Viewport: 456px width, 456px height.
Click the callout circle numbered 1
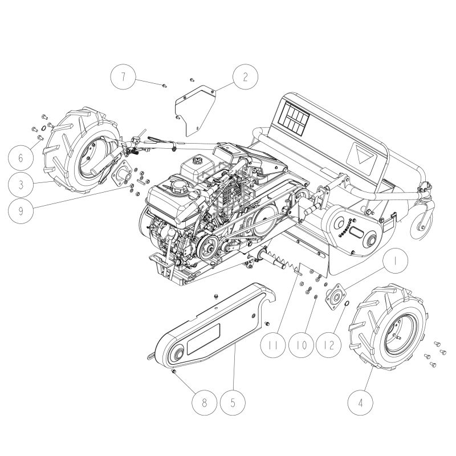pyautogui.click(x=395, y=261)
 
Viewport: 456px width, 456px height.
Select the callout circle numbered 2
pyautogui.click(x=245, y=77)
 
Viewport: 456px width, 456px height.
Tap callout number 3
pyautogui.click(x=21, y=184)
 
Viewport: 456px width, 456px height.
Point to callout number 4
pyautogui.click(x=360, y=403)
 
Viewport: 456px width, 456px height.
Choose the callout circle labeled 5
pyautogui.click(x=233, y=403)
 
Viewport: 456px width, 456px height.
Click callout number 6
pyautogui.click(x=21, y=158)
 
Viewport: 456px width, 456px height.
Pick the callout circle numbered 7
pyautogui.click(x=123, y=77)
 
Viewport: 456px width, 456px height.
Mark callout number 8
pyautogui.click(x=204, y=403)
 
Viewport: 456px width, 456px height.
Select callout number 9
pyautogui.click(x=21, y=211)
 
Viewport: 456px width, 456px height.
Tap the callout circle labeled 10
pyautogui.click(x=302, y=345)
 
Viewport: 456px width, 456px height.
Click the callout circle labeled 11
pyautogui.click(x=273, y=345)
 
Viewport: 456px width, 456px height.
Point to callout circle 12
pyautogui.click(x=329, y=345)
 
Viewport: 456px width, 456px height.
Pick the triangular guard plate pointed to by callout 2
pyautogui.click(x=196, y=110)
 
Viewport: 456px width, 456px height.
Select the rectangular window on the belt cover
pyautogui.click(x=203, y=339)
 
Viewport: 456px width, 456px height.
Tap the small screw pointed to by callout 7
pyautogui.click(x=165, y=85)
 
